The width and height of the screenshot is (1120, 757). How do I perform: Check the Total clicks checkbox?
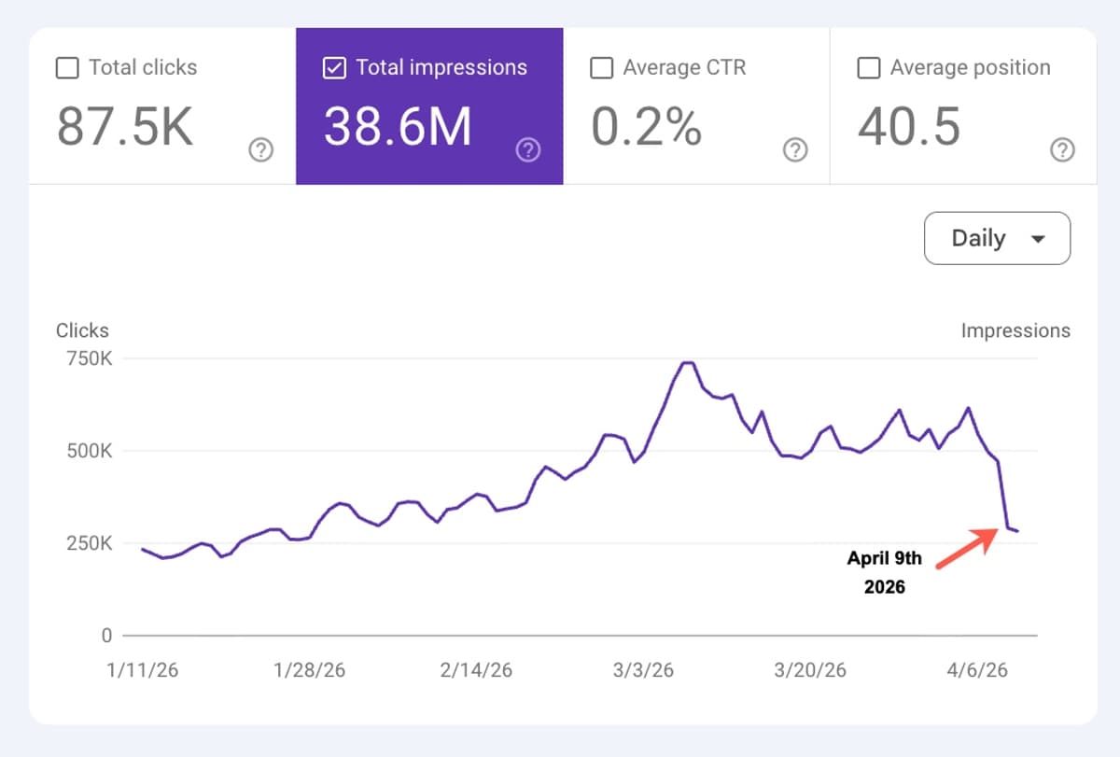[67, 68]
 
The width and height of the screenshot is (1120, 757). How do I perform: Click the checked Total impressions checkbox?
[334, 68]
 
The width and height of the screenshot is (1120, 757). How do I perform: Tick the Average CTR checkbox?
[602, 68]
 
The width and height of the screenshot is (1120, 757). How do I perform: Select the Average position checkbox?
[868, 68]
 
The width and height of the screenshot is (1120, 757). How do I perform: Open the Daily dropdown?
[997, 238]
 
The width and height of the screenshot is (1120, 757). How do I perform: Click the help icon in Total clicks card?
[261, 150]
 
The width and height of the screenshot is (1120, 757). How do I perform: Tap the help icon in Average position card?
[1062, 150]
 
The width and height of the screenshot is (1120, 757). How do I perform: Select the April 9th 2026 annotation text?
[884, 573]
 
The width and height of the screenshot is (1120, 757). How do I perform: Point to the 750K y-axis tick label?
[85, 358]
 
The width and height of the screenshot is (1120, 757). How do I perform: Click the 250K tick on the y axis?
[85, 543]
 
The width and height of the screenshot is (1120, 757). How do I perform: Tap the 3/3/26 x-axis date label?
[643, 671]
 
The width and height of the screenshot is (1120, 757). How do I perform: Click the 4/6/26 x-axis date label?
[976, 671]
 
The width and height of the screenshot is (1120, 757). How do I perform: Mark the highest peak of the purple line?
[688, 362]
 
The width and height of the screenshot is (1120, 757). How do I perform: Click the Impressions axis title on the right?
[1015, 330]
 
